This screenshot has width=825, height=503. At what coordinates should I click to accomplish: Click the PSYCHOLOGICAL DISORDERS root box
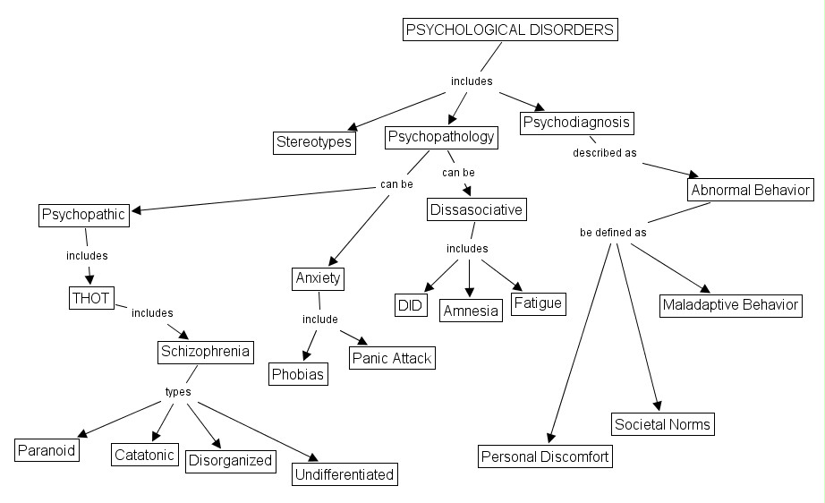click(x=510, y=30)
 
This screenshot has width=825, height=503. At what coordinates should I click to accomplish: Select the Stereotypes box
click(x=314, y=142)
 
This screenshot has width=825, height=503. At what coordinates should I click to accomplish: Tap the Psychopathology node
click(x=441, y=137)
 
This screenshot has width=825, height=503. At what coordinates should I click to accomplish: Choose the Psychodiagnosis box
click(x=577, y=122)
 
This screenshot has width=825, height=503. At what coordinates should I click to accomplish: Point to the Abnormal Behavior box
click(x=750, y=190)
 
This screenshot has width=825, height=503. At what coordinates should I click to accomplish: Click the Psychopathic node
click(x=84, y=215)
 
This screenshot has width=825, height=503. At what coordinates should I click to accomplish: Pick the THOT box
click(x=91, y=298)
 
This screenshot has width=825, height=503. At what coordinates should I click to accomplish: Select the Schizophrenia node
click(x=204, y=351)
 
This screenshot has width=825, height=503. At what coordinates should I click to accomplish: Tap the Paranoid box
click(x=47, y=449)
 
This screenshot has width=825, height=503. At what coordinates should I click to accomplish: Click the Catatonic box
click(x=145, y=454)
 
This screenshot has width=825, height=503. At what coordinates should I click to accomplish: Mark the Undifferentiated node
click(x=344, y=474)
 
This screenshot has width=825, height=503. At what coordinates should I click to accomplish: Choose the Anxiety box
click(x=319, y=278)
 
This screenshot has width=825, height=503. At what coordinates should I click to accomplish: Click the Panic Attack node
click(x=390, y=358)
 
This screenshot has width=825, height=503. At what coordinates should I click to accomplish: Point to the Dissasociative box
click(x=475, y=210)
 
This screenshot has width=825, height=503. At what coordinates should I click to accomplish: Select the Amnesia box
click(x=471, y=310)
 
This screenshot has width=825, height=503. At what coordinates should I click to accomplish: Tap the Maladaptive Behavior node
click(x=730, y=305)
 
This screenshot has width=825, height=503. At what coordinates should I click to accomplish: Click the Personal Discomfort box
click(x=545, y=456)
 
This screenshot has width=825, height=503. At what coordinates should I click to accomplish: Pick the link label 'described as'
click(x=605, y=152)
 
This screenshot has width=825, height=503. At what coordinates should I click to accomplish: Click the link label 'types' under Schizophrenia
click(x=177, y=392)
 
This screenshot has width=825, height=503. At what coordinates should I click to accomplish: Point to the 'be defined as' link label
click(x=613, y=232)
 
